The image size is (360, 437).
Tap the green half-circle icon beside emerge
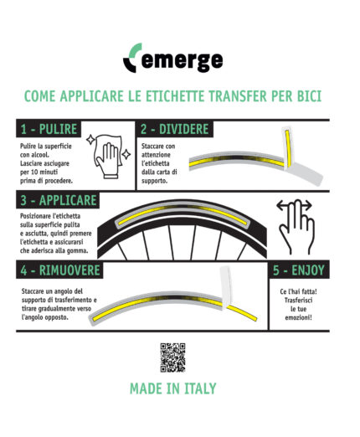(132, 60)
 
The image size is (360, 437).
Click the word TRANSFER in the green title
(234, 97)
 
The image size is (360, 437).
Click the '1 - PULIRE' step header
(48, 130)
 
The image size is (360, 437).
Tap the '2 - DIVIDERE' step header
(175, 130)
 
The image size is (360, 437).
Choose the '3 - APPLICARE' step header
(58, 201)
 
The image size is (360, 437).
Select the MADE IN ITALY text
(172, 388)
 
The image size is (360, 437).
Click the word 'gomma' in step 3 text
(78, 249)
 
